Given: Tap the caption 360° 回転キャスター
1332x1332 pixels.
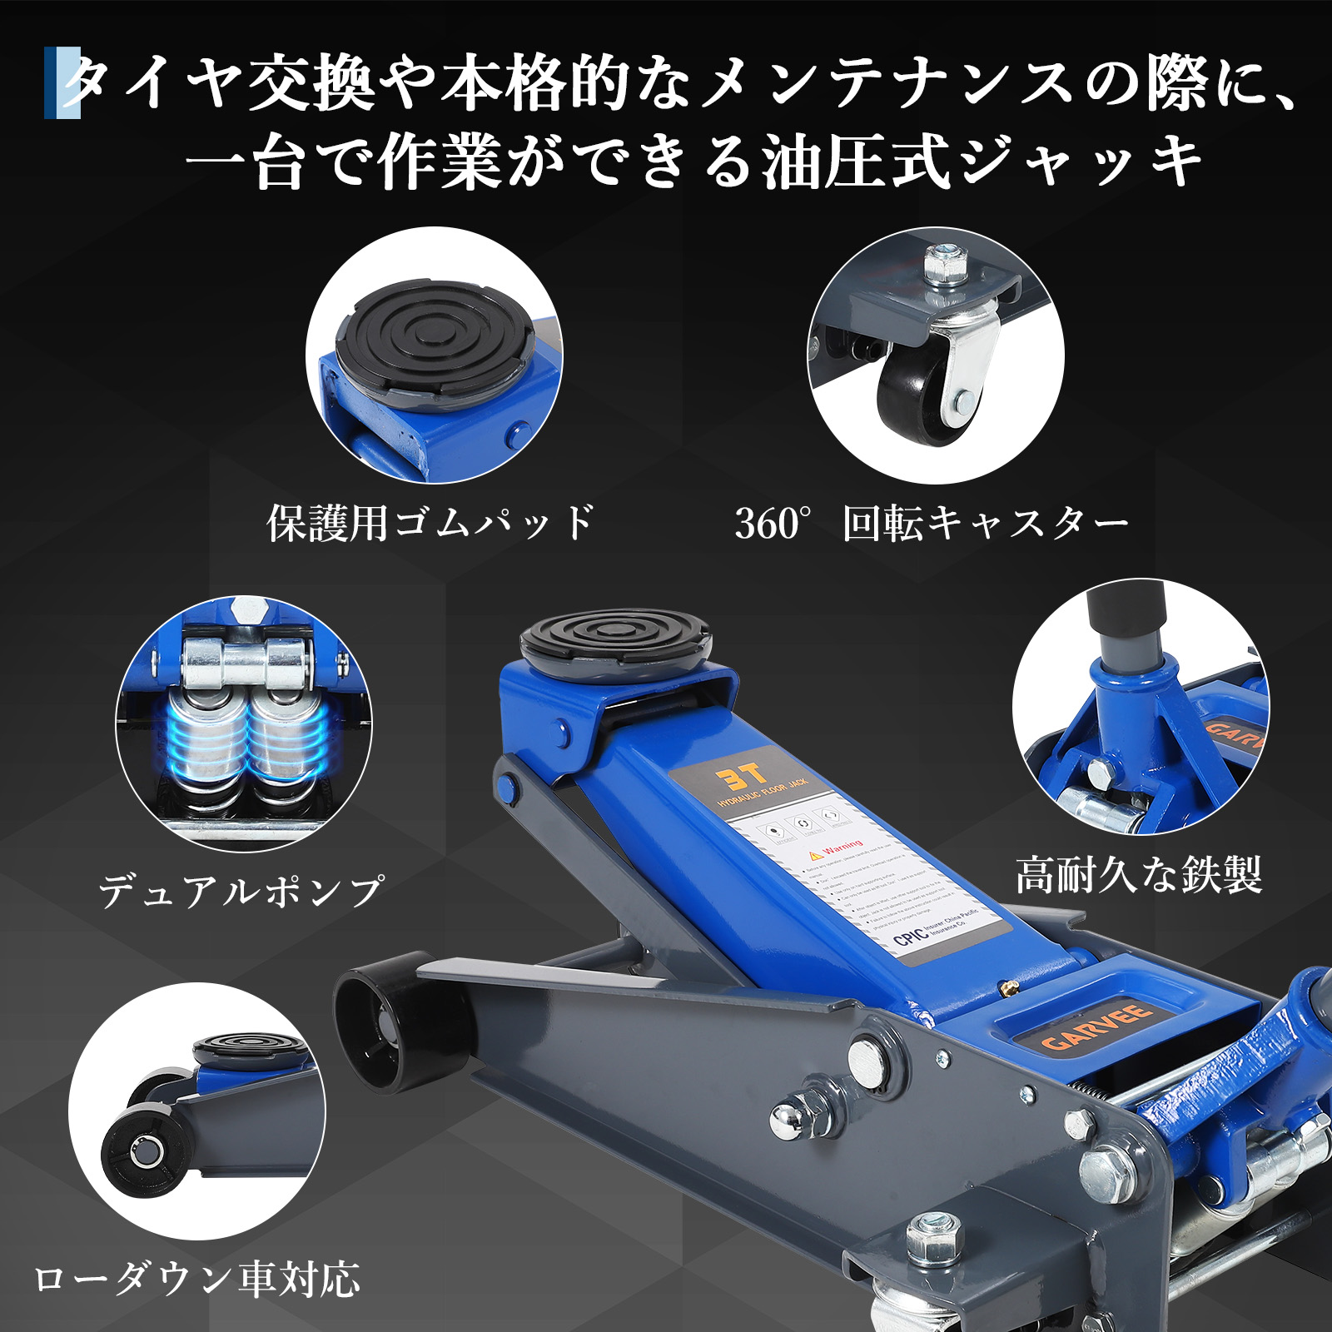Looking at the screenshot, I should coord(931,524).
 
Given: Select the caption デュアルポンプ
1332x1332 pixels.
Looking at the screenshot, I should coord(241,892).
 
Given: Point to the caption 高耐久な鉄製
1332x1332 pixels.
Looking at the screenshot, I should coord(1138,875).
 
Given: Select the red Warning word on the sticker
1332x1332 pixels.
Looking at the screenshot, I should coord(842,848).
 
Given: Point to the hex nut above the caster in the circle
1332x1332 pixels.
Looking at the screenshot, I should coord(944,266).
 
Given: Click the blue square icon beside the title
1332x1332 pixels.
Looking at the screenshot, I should coord(62,82).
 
